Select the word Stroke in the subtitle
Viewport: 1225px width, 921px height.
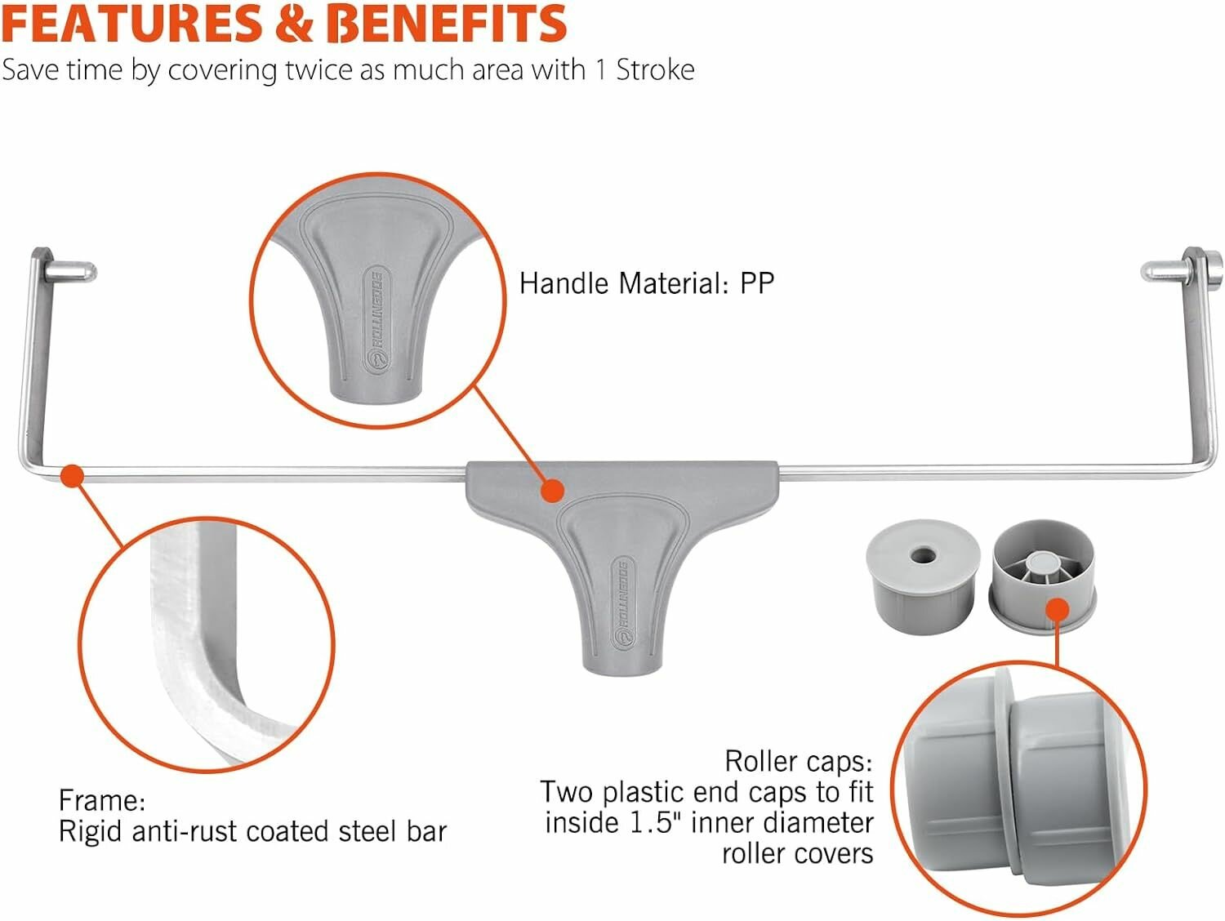point(655,70)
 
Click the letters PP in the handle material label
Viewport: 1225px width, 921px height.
point(757,283)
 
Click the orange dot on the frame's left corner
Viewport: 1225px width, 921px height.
point(73,476)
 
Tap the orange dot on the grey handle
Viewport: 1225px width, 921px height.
point(553,490)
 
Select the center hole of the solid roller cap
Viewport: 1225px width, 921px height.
point(923,555)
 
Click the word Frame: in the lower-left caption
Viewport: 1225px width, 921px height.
point(102,800)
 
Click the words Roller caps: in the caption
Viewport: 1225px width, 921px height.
point(798,761)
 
